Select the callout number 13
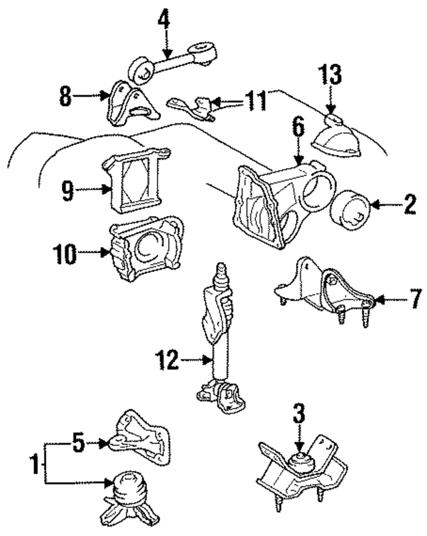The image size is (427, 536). [x=332, y=75]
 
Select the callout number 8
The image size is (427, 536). [x=64, y=97]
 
